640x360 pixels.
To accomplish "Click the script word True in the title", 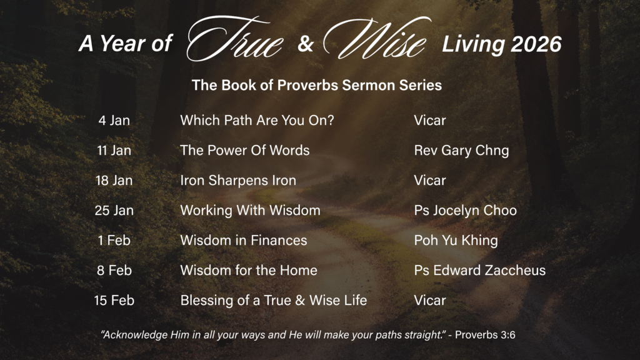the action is pos(235,39).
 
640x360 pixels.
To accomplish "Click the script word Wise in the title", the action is pos(376,38).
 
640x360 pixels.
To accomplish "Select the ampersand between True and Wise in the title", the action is pos(305,44).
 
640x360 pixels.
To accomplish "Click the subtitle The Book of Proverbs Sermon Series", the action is pos(317,85).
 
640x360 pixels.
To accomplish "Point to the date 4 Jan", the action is pos(114,121).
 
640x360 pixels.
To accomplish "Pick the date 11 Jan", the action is pos(114,151).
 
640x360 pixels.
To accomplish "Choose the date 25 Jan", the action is pos(114,211).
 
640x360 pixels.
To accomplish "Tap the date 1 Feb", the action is pos(114,241).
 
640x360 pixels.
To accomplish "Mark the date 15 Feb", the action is pos(114,301).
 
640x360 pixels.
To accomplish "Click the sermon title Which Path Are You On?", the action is pos(257,121).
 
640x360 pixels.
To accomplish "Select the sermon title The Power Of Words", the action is pos(245,151).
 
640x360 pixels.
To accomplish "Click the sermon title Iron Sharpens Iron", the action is pos(238,181).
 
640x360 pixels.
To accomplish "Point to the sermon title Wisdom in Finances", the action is pos(244,241).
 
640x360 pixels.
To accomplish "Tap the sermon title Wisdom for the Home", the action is pos(249,270).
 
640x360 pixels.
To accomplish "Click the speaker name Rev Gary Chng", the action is pos(462,151).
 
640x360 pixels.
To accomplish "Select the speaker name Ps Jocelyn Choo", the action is pos(466,211).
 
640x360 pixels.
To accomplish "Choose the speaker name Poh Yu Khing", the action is pos(456,241).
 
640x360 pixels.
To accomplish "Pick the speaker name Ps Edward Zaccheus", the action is pos(480,270).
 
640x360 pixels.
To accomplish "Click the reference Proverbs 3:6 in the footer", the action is pos(485,335).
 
